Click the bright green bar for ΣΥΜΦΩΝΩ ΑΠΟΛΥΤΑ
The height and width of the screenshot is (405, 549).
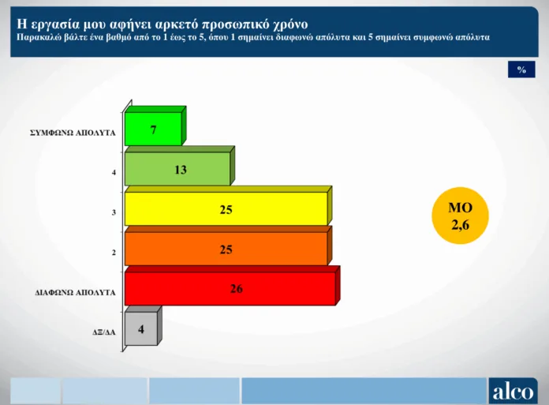(x=153, y=128)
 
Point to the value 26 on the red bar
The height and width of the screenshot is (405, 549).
(x=237, y=289)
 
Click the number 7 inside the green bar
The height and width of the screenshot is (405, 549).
(x=153, y=130)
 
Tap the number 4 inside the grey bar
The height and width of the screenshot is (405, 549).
(x=141, y=329)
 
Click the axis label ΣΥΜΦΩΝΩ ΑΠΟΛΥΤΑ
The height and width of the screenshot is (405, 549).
(x=73, y=133)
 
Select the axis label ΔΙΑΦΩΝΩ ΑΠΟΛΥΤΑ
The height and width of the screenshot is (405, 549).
(x=75, y=293)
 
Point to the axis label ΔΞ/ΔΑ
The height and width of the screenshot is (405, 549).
(x=104, y=332)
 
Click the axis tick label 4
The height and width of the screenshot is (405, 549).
(x=114, y=172)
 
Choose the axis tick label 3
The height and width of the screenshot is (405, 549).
(x=114, y=212)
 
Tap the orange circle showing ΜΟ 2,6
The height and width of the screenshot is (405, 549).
(x=460, y=216)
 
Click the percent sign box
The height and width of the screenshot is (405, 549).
(x=521, y=69)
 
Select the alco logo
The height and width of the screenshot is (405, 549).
(x=513, y=391)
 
